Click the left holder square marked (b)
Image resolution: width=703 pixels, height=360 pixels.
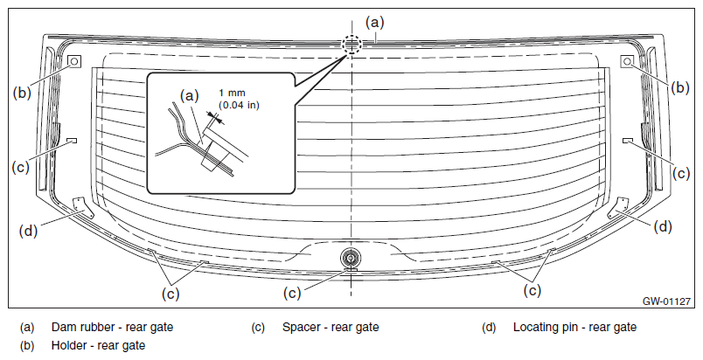click(x=74, y=61)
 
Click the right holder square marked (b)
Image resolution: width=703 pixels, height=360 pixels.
click(x=627, y=61)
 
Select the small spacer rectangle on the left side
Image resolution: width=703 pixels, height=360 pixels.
click(x=72, y=141)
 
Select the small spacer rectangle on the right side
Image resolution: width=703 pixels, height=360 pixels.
click(x=627, y=141)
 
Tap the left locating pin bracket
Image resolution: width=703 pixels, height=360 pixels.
click(x=80, y=207)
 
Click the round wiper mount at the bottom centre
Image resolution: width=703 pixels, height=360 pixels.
click(x=351, y=258)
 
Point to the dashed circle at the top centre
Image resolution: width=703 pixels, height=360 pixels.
click(x=351, y=45)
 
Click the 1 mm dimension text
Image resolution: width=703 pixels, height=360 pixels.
click(x=233, y=93)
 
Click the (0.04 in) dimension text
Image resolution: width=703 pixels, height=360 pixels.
click(x=239, y=105)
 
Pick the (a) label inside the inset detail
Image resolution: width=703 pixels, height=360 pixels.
click(x=189, y=95)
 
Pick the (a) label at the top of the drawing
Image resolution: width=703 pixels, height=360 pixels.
click(x=375, y=22)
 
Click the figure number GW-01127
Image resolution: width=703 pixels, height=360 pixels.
click(x=666, y=301)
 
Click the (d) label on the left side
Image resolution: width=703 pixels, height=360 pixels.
click(x=28, y=231)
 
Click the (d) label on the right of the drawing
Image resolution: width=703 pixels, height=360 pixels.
click(x=663, y=226)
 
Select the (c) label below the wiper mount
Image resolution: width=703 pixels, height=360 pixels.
click(x=292, y=294)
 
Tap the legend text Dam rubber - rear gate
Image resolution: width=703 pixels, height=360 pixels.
click(x=112, y=328)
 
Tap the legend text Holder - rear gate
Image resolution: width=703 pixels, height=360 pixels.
click(x=98, y=346)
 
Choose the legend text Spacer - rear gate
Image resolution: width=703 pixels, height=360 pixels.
click(x=331, y=328)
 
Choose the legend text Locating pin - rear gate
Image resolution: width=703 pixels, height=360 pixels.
click(x=574, y=328)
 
